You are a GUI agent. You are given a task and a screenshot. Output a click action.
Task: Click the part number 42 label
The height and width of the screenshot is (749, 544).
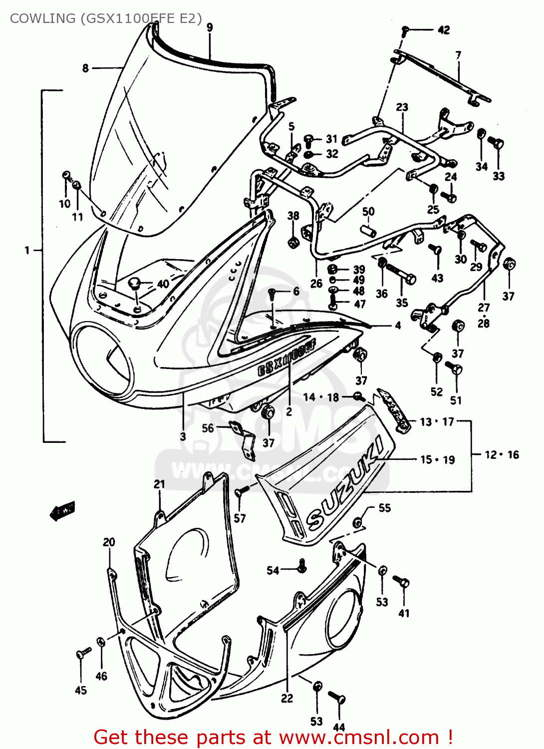pyautogui.click(x=443, y=30)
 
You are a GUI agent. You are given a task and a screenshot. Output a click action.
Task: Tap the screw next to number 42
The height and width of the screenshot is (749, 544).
pyautogui.click(x=405, y=31)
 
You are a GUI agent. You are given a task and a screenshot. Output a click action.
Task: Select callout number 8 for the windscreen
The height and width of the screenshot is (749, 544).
pyautogui.click(x=85, y=68)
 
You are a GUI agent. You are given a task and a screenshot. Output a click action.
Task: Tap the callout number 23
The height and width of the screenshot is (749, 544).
pyautogui.click(x=402, y=107)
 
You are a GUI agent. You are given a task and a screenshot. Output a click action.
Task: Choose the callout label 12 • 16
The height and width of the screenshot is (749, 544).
pyautogui.click(x=502, y=454)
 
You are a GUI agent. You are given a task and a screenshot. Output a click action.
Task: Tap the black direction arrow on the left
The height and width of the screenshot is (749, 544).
pyautogui.click(x=62, y=510)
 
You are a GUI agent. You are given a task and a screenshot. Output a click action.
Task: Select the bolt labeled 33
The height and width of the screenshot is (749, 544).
pyautogui.click(x=497, y=144)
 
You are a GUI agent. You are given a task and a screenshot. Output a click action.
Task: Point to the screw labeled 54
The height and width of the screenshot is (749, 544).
pyautogui.click(x=302, y=566)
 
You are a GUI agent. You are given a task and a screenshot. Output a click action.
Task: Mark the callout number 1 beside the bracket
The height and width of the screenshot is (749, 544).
pyautogui.click(x=27, y=250)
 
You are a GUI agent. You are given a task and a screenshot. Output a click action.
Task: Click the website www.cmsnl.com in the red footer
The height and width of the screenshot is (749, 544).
pyautogui.click(x=358, y=737)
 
